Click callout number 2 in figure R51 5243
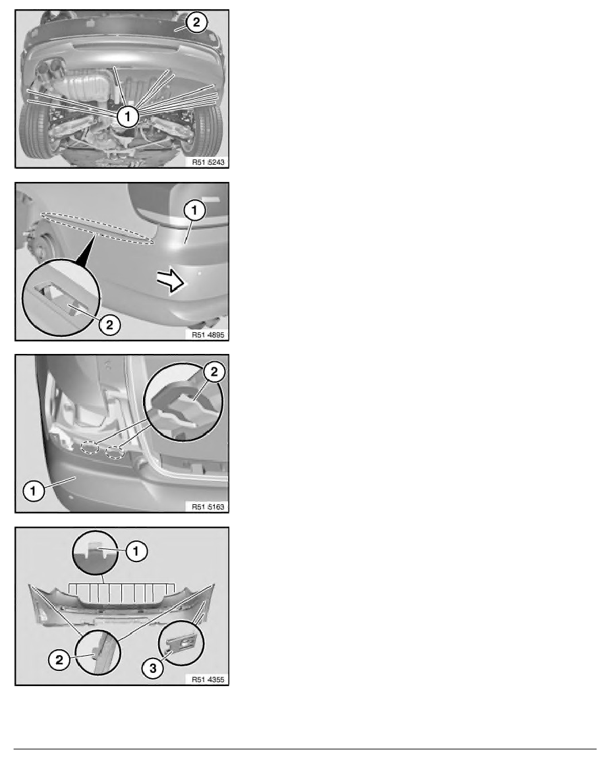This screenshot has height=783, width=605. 196,22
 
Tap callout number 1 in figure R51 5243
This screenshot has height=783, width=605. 128,117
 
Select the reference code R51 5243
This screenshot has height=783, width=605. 208,161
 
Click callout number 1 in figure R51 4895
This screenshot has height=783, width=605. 194,210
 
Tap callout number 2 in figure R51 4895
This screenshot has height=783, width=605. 109,325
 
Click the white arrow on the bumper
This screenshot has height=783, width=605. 170,281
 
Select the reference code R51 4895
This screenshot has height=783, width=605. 208,335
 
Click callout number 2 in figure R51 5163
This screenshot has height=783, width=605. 214,372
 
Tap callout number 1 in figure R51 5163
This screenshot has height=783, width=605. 34,490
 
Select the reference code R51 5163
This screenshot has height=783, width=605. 208,507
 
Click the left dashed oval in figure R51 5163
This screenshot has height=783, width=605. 90,448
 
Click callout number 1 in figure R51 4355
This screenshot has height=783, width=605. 136,551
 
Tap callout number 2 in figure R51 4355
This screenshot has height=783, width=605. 59,660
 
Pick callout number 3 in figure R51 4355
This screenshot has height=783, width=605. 153,668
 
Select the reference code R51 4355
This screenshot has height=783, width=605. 208,679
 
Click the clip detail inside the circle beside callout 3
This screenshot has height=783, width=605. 182,643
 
